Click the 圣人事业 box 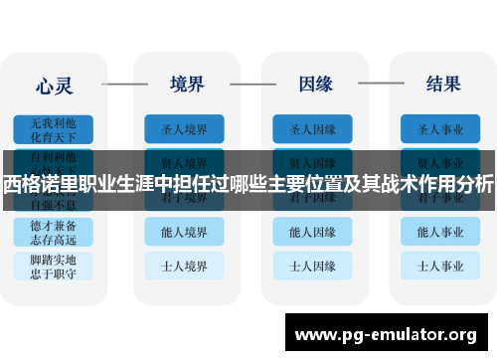pos(440,128)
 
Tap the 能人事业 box pos(440,233)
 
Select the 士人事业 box pos(440,267)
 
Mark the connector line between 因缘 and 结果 pos(378,84)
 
